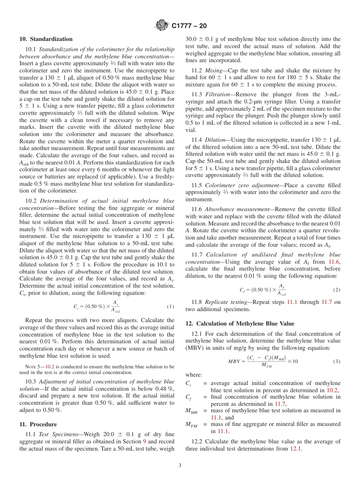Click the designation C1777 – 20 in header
click(x=189, y=26)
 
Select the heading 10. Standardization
click(x=46, y=39)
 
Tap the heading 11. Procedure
click(x=38, y=424)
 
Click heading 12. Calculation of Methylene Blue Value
click(x=239, y=324)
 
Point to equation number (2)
click(x=337, y=290)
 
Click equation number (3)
click(x=337, y=361)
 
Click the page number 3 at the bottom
click(x=180, y=466)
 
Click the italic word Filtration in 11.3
click(x=217, y=94)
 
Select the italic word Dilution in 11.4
click(x=215, y=140)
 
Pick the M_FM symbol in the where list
click(x=191, y=425)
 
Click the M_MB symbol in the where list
click(x=191, y=411)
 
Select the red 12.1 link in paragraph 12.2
click(x=296, y=448)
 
